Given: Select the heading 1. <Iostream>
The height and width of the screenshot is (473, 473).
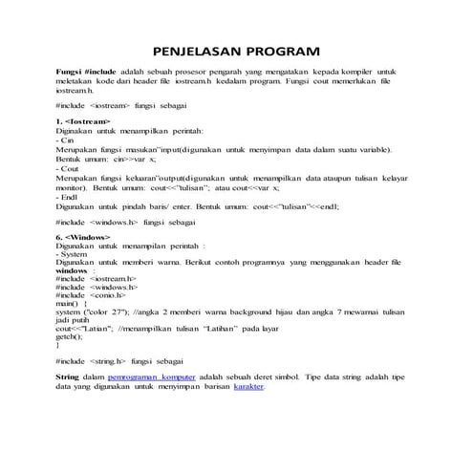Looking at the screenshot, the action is click(84, 123).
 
